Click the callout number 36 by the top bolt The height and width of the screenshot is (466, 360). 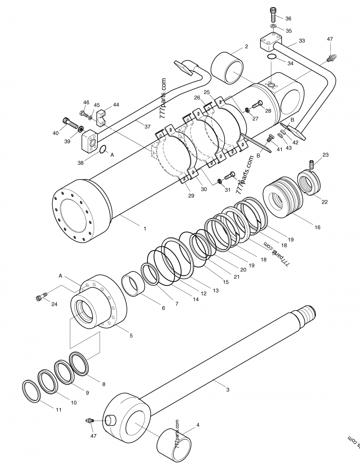(x=288, y=18)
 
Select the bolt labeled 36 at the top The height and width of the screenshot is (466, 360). (x=274, y=15)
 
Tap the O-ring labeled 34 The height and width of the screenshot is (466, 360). (x=272, y=57)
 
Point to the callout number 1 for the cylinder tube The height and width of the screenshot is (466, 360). (x=144, y=229)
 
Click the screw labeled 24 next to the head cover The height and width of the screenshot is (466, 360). (x=40, y=297)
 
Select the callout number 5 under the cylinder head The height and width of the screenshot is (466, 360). (x=131, y=336)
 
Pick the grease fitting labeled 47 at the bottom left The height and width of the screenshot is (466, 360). (x=90, y=421)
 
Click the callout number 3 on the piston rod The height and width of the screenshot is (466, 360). (x=228, y=390)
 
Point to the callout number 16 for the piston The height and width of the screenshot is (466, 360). (x=318, y=227)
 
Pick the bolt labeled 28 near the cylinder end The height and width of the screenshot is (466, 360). (x=258, y=104)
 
